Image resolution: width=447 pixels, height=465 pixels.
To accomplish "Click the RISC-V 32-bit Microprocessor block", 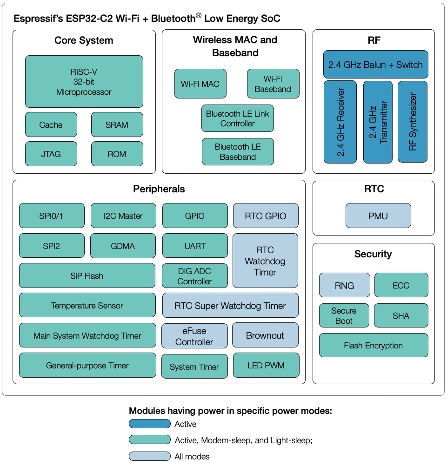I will tap(84, 82).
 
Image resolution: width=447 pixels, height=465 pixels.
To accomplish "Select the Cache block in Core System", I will tap(51, 124).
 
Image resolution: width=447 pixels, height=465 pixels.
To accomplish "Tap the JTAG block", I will tap(51, 154).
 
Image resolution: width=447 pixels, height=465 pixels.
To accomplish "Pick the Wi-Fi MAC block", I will tap(200, 84).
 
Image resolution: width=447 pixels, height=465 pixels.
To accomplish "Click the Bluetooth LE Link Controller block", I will tap(237, 118).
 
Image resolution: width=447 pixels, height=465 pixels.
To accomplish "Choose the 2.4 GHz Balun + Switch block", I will tap(375, 65).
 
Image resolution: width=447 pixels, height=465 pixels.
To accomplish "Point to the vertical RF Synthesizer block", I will tap(413, 122).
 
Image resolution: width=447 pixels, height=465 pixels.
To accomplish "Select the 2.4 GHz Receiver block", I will tap(340, 122).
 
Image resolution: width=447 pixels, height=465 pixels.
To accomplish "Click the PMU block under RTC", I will tap(378, 216).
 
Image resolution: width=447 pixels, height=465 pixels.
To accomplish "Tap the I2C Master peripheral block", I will tap(123, 216).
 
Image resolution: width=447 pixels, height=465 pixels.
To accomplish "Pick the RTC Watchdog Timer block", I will tap(265, 261).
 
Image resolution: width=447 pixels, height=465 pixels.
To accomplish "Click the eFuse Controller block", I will tap(194, 336).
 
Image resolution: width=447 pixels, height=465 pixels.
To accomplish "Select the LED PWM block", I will tap(266, 366).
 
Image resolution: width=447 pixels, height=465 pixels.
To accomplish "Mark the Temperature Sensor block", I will tap(87, 306).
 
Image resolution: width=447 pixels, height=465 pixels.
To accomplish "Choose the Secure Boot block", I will tap(344, 316).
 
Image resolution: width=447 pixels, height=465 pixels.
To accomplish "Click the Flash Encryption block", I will tap(374, 345).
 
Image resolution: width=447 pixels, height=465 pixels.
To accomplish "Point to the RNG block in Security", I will tap(344, 285).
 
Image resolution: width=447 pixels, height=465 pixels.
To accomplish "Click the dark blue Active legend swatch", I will tap(149, 424).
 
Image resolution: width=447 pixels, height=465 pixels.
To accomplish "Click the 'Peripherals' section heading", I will tap(159, 189).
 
